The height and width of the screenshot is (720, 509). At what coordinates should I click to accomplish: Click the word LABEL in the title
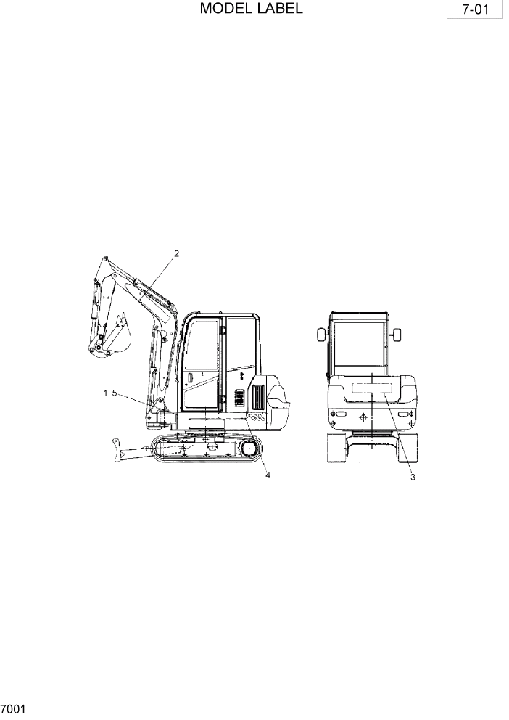click(x=276, y=9)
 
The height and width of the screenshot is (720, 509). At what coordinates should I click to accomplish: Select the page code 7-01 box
click(x=476, y=12)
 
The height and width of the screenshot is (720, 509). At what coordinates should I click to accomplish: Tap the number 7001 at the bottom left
click(x=14, y=708)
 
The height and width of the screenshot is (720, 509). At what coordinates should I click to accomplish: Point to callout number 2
click(x=175, y=253)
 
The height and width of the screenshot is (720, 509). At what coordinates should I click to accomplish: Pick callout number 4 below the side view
click(x=268, y=475)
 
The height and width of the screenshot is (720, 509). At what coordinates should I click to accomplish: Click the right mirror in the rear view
click(x=397, y=335)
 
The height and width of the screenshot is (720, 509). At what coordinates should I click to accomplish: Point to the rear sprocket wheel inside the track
click(x=248, y=449)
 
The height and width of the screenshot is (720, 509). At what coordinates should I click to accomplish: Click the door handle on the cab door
click(x=189, y=379)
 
